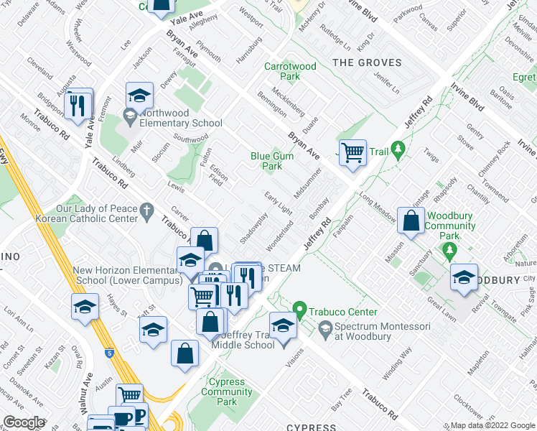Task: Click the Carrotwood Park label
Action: tap(290, 71)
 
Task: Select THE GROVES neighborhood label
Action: tap(367, 63)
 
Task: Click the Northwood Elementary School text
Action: tap(181, 118)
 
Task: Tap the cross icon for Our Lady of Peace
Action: tap(148, 210)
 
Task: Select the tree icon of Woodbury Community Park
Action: tap(450, 251)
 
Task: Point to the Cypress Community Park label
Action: tap(226, 391)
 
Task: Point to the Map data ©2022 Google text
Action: tap(492, 425)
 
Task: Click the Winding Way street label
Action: tap(396, 364)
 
